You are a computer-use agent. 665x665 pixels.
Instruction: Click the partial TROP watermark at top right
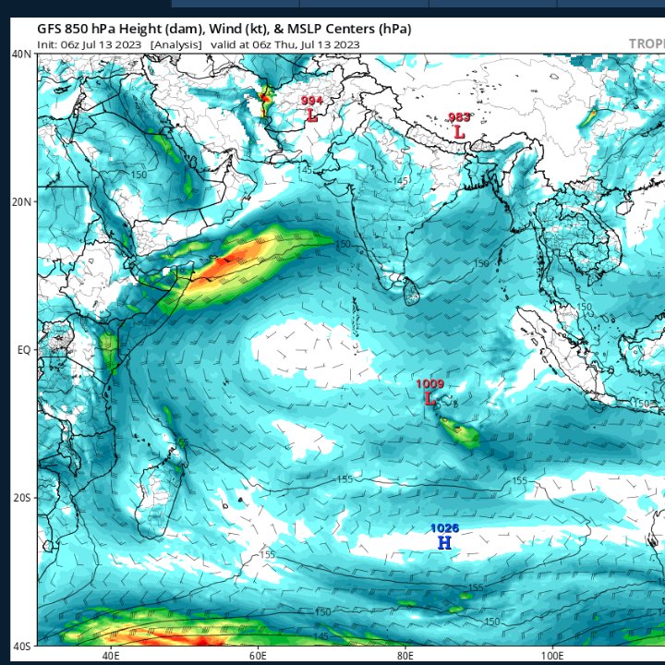click(646, 43)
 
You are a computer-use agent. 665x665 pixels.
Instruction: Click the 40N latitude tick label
click(22, 54)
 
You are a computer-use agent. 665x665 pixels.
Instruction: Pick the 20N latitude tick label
click(22, 201)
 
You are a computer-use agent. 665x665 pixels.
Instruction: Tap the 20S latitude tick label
click(22, 497)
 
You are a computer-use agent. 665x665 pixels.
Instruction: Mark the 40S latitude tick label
click(22, 645)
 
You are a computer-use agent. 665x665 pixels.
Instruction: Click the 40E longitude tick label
click(111, 655)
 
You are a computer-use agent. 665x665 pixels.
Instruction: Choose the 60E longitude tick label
click(258, 655)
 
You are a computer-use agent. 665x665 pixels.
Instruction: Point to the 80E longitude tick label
click(405, 655)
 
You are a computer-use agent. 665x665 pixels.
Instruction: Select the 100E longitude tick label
click(550, 655)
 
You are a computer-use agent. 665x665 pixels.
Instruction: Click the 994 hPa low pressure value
click(311, 100)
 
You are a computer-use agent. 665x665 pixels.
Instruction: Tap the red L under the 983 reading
click(459, 132)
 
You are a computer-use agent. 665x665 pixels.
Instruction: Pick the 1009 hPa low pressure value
click(429, 383)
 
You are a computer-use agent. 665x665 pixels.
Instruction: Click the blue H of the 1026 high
click(444, 543)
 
